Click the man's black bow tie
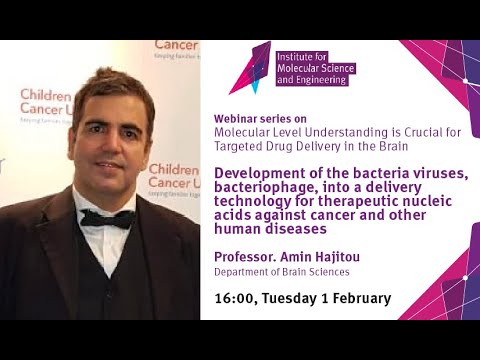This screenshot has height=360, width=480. tap(107, 218)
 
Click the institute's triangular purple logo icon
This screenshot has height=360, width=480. tap(249, 67)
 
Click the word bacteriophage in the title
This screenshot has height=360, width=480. tap(262, 187)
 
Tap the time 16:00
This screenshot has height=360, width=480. tap(234, 298)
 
